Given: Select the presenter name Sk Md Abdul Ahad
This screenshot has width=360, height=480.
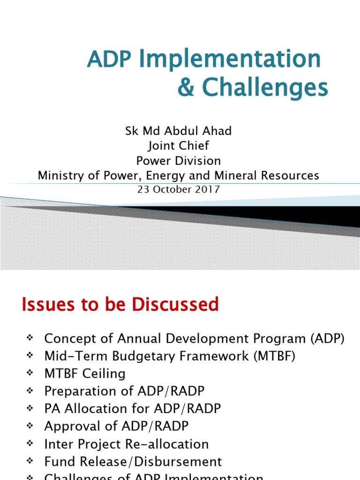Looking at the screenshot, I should pyautogui.click(x=179, y=131).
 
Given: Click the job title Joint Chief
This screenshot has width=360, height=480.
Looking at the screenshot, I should pyautogui.click(x=179, y=145).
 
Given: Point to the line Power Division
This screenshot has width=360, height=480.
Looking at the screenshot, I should pyautogui.click(x=179, y=161).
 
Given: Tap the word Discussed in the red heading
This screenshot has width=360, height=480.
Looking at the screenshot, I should pyautogui.click(x=175, y=305).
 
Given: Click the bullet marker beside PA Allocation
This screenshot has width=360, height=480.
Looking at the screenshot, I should pyautogui.click(x=29, y=409).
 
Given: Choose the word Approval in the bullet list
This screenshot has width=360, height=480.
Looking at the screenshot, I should pyautogui.click(x=70, y=426).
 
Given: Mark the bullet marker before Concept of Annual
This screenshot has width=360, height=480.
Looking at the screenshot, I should pyautogui.click(x=29, y=338).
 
